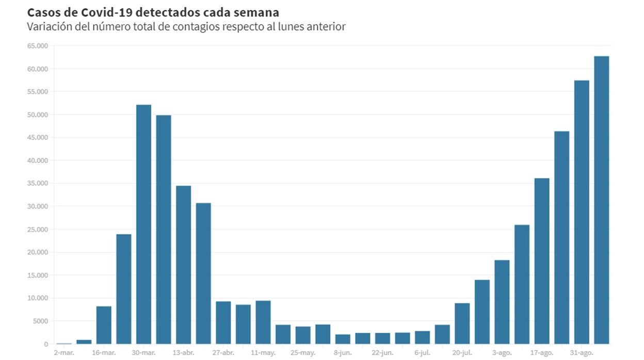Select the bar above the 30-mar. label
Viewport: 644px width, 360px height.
click(x=143, y=224)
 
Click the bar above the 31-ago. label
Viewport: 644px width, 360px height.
click(x=582, y=212)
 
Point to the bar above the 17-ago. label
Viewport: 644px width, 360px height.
click(x=542, y=261)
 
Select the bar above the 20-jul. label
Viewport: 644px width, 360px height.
click(x=462, y=323)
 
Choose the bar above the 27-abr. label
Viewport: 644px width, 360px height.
click(x=223, y=322)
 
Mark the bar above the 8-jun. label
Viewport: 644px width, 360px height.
click(x=343, y=339)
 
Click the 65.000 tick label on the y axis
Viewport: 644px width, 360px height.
click(x=37, y=46)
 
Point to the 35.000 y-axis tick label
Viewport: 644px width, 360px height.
click(x=37, y=184)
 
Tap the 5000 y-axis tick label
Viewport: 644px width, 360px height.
click(x=40, y=321)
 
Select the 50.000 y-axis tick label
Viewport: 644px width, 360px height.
click(x=37, y=114)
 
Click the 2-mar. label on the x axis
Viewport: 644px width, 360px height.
click(x=64, y=353)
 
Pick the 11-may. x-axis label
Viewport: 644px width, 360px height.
click(x=263, y=353)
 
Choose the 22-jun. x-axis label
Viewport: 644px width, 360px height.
click(x=382, y=353)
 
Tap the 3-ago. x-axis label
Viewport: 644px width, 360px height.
click(x=502, y=353)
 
